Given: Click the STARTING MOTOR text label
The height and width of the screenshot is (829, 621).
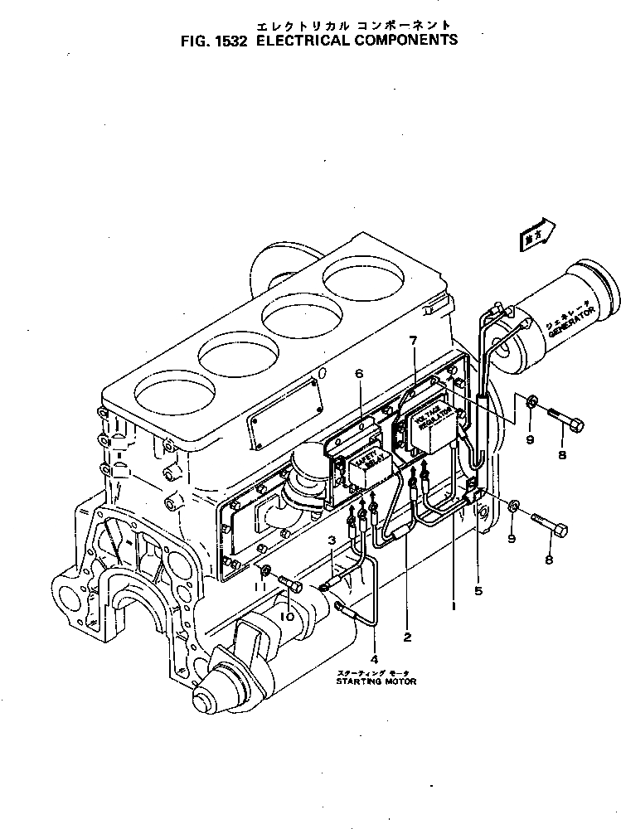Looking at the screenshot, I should [376, 681].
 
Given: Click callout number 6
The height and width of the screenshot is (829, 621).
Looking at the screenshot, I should [359, 375].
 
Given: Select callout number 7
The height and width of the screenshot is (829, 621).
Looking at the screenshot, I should [413, 341].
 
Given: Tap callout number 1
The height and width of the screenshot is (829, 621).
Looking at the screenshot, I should [454, 606].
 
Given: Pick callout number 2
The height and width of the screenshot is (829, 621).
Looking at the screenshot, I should [407, 638].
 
